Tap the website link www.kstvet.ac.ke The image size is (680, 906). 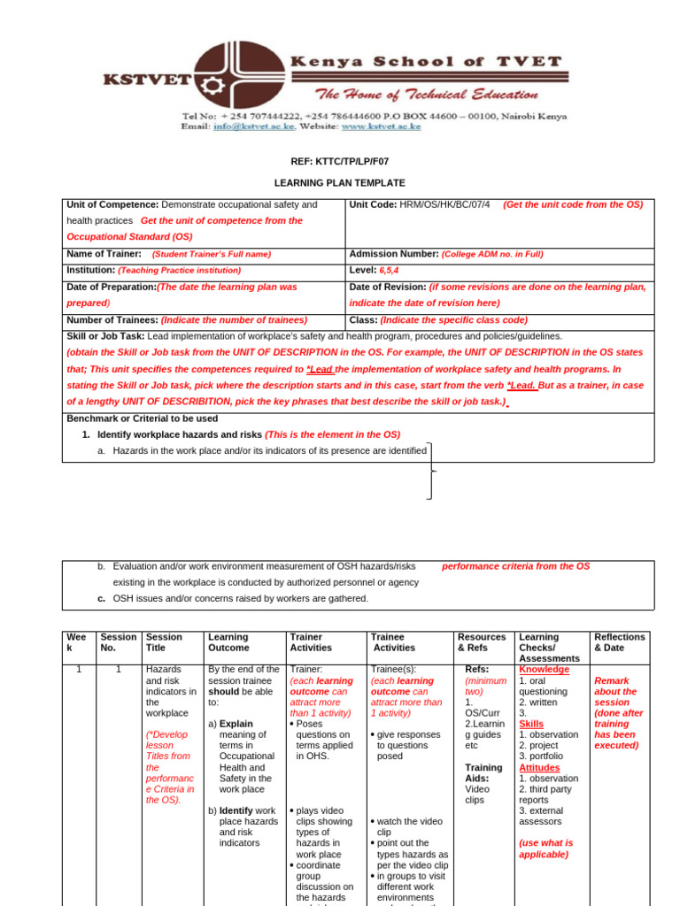[382, 127]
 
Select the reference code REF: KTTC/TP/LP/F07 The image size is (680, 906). [339, 162]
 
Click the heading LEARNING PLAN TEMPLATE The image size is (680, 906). [339, 182]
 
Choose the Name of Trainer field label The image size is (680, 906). [104, 254]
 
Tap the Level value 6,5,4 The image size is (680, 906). [389, 270]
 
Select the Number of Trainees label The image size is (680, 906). [112, 319]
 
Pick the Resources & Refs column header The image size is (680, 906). [482, 642]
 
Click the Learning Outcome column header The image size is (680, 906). [228, 642]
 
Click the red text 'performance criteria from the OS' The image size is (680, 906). [515, 566]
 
